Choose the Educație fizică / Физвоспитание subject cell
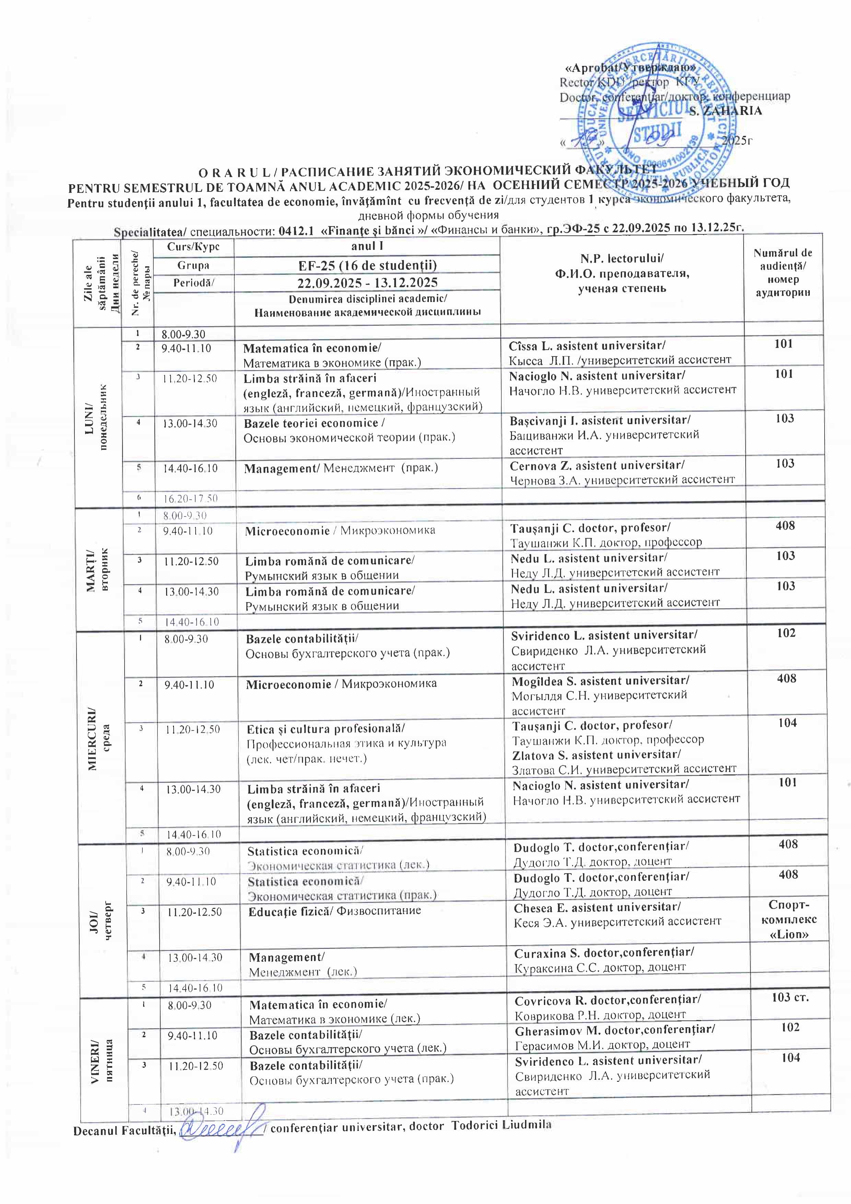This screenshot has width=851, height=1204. coord(335,910)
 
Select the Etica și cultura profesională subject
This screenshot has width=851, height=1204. coord(326,729)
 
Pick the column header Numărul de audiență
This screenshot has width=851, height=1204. coord(783,273)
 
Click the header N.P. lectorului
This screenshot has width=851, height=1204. coord(622,258)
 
